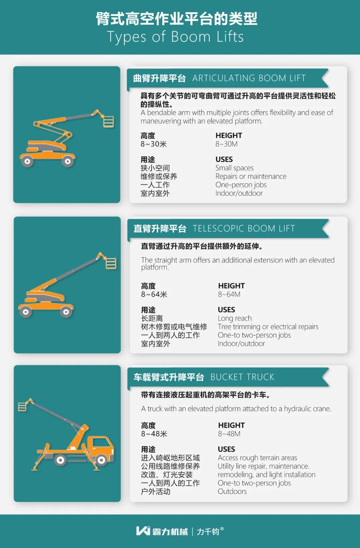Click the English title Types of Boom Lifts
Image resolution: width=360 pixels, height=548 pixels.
[x=175, y=37]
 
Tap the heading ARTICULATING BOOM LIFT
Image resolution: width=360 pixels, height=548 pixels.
[x=249, y=78]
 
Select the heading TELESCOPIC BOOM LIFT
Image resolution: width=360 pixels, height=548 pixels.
[x=244, y=229]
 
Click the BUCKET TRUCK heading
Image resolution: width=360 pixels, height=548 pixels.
[x=242, y=377]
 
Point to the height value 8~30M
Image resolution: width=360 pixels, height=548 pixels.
[x=226, y=144]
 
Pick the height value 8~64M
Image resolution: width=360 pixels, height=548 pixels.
[x=229, y=294]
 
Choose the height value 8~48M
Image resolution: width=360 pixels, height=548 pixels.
[x=229, y=434]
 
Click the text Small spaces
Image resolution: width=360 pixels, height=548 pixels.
[x=234, y=168]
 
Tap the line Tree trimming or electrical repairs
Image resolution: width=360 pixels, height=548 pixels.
[x=268, y=327]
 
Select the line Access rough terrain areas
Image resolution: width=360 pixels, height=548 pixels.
[x=257, y=458]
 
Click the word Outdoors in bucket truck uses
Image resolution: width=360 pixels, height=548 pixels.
[x=232, y=492]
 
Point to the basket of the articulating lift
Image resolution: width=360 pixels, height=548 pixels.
[x=108, y=122]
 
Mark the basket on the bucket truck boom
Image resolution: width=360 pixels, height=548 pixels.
[x=22, y=406]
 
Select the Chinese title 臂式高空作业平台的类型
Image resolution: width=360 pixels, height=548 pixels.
[x=176, y=19]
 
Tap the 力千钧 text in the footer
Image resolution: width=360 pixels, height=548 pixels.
[x=208, y=531]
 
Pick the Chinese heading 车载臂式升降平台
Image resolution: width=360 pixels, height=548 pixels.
[x=169, y=377]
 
